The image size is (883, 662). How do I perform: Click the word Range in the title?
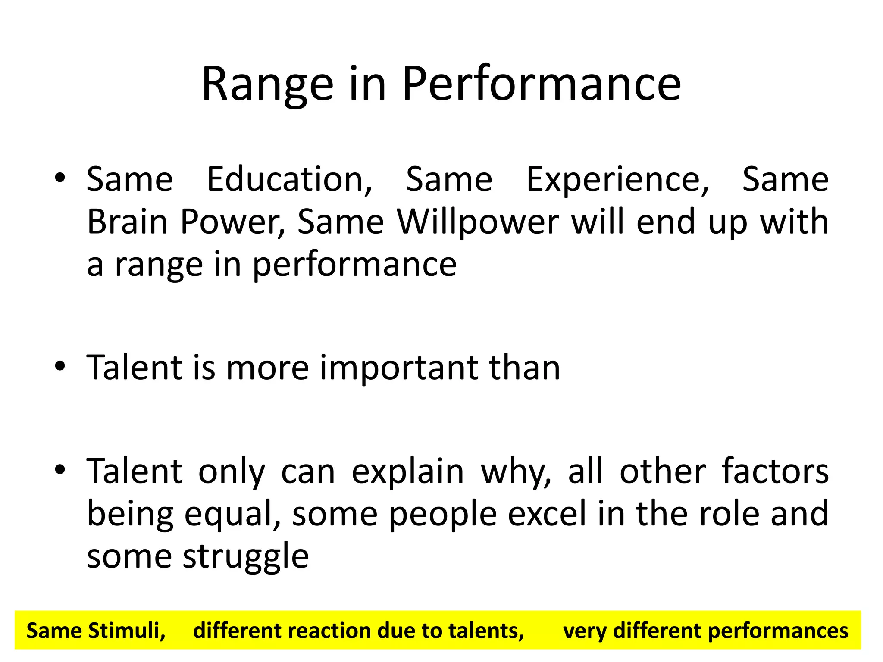point(267,84)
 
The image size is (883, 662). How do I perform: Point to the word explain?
point(407,472)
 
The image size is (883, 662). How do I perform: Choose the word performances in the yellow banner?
point(778,631)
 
